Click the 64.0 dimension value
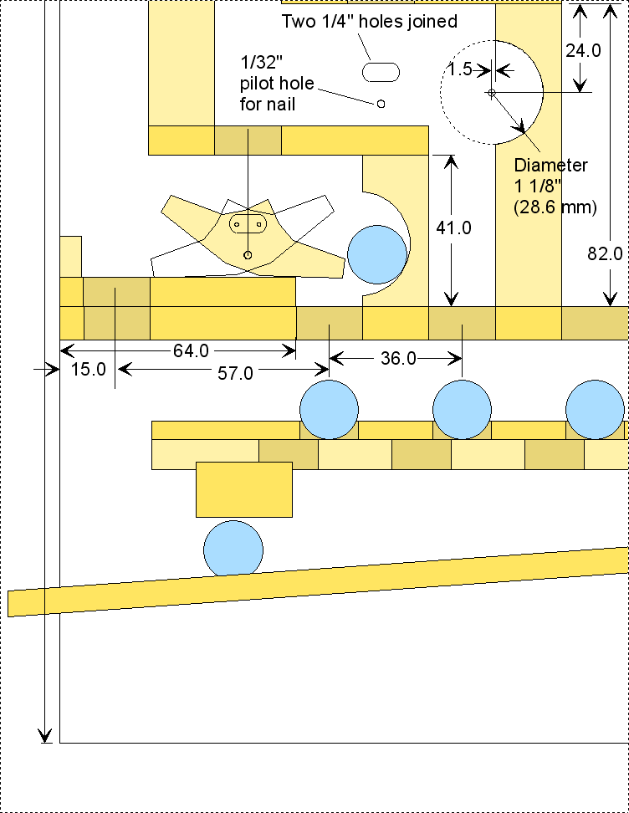click(x=192, y=351)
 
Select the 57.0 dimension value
click(x=235, y=374)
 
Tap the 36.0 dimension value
click(x=398, y=358)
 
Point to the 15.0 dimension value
click(x=88, y=369)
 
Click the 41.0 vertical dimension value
click(x=454, y=228)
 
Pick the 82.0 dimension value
click(x=606, y=254)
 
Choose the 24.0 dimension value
click(x=583, y=50)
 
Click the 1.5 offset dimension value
click(x=460, y=69)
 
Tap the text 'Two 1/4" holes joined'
click(x=369, y=21)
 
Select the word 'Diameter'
click(x=550, y=166)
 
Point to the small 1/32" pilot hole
click(x=381, y=104)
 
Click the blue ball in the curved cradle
click(x=378, y=253)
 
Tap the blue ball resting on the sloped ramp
click(x=233, y=548)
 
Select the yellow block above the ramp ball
click(x=244, y=489)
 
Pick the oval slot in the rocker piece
click(x=247, y=224)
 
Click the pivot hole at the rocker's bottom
click(x=247, y=254)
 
